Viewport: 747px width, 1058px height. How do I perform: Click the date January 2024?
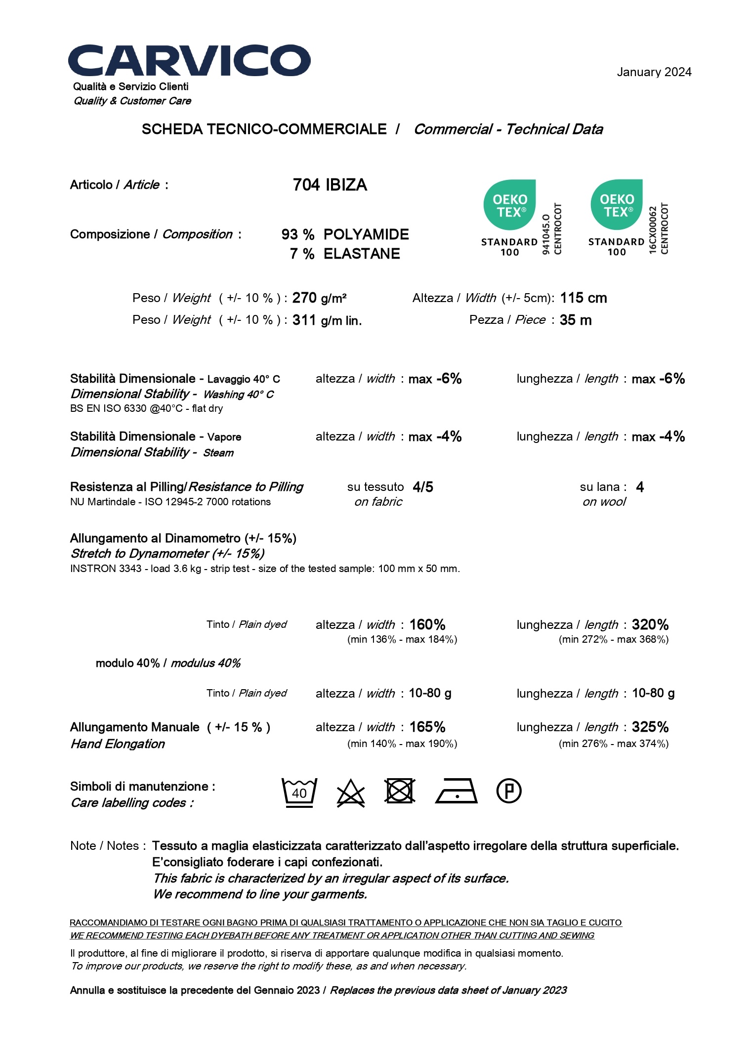654,72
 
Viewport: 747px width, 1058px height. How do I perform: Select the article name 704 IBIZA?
330,185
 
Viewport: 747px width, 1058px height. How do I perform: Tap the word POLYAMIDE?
366,234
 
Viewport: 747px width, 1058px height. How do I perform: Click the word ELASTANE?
362,254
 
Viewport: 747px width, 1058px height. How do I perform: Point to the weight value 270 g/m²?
319,298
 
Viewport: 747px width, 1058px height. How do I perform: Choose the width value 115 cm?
583,298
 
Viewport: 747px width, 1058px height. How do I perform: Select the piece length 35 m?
576,320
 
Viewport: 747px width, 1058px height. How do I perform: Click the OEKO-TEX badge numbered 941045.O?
522,218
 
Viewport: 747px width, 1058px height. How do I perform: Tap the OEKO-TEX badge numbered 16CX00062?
628,218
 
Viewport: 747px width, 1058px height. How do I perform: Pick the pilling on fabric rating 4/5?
423,487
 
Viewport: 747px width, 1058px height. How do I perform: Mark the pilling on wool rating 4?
640,487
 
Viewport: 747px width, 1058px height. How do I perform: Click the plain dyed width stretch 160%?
427,624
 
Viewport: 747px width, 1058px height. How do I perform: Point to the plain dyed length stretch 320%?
650,624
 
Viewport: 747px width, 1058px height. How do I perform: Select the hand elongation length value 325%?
650,727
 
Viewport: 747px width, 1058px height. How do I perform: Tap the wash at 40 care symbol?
299,792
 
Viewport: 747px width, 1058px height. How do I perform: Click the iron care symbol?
456,791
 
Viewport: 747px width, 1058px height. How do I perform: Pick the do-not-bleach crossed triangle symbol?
351,793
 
